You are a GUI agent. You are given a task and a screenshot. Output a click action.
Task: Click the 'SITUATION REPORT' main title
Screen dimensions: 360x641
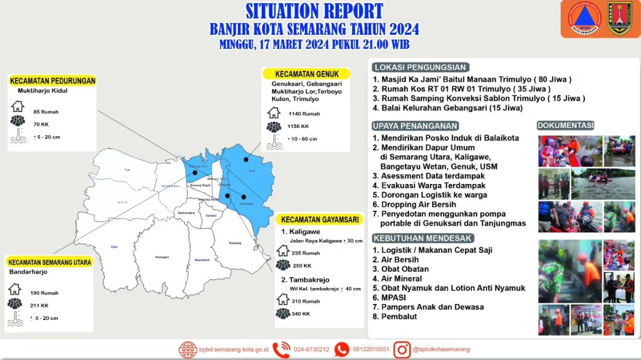coord(314,11)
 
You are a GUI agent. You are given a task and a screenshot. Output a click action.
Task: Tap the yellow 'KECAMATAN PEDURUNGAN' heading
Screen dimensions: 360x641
coord(52,81)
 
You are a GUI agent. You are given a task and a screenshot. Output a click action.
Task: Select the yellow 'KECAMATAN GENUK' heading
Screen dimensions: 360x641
coord(306,74)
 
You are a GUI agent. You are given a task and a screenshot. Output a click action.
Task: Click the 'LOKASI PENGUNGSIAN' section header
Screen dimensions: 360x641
coord(421,67)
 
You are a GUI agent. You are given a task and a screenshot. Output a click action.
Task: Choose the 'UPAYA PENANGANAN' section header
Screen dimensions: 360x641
coord(415,126)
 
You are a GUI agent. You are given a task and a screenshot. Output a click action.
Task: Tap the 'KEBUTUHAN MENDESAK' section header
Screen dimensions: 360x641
coord(422,238)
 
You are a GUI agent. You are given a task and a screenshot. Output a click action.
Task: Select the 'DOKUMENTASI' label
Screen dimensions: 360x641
coord(565,126)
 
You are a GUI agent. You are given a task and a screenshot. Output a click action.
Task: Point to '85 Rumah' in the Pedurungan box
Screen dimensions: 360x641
coord(45,112)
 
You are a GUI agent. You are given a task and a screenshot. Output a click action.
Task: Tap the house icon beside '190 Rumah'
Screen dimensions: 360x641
coord(15,290)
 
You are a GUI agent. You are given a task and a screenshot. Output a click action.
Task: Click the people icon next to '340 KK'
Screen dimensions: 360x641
coord(283,314)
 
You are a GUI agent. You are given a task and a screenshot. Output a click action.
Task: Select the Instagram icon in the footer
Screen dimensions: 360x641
coord(402,349)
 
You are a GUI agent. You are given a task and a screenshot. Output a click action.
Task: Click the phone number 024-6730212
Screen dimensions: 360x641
coord(311,349)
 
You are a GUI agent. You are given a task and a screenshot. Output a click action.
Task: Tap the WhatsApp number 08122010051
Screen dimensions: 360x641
coord(370,349)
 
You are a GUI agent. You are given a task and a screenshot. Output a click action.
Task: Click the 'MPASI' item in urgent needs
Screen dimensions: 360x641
coord(393,298)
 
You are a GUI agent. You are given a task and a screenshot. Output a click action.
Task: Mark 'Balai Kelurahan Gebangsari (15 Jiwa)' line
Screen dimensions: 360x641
coord(452,108)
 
